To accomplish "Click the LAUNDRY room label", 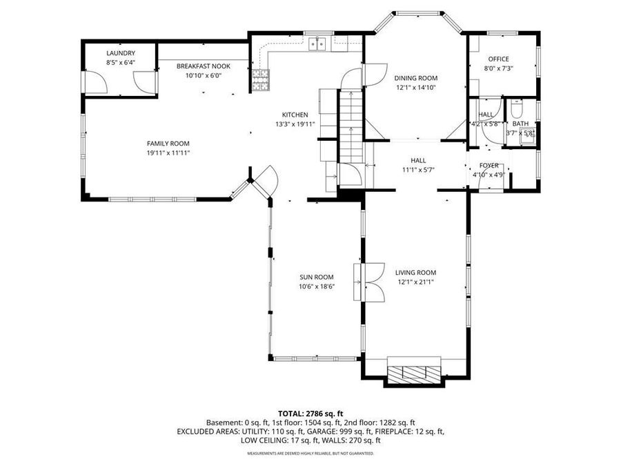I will coord(120,53).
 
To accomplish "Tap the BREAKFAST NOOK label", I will coord(203,66).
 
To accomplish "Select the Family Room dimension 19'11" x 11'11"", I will coord(168,153).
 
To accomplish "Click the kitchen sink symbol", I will coord(318,44).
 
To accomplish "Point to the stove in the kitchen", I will coord(260,81).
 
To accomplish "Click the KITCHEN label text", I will coord(295,115).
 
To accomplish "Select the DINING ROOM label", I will coord(416,78).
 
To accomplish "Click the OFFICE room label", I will coord(498,59).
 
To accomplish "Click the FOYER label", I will coord(489,165).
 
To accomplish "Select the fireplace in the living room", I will coord(413,371).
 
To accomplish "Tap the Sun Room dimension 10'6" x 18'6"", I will coord(317,287).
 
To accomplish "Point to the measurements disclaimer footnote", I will coord(310,454).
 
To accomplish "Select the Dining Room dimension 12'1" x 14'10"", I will coord(416,88).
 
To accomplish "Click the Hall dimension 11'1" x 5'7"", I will coord(418,170).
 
